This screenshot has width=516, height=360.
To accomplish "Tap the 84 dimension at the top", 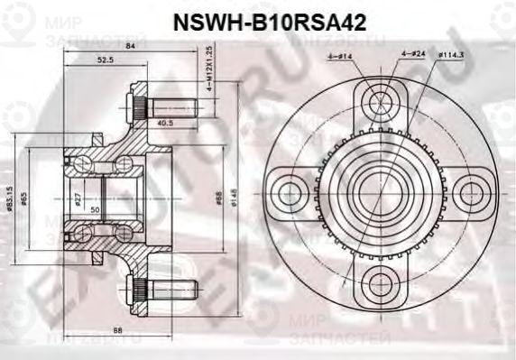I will coord(131,47).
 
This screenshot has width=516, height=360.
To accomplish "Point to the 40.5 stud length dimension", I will coord(165,124).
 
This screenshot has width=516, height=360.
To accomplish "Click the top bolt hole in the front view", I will coord(377,99).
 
